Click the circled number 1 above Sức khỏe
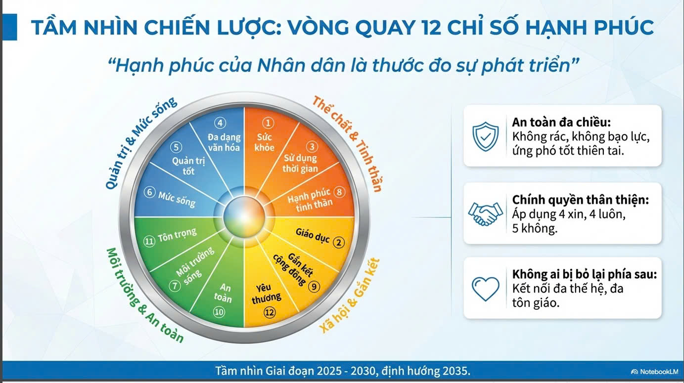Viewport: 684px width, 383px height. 268,123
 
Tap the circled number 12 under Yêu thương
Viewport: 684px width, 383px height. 270,312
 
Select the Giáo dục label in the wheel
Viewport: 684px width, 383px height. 313,236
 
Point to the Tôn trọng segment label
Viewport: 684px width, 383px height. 177,235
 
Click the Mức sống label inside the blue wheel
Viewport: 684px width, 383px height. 177,200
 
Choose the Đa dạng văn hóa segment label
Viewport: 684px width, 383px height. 224,142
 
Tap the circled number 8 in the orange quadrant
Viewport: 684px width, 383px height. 339,192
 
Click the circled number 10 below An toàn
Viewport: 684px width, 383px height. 219,312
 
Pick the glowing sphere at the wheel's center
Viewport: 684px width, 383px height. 244,216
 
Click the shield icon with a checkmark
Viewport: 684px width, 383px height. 485,136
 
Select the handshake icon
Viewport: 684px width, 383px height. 486,213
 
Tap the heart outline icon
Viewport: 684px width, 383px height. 486,289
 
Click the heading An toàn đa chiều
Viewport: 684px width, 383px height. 561,123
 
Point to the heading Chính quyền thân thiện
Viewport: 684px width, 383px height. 580,200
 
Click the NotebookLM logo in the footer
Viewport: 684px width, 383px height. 654,372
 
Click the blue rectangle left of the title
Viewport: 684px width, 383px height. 9,27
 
